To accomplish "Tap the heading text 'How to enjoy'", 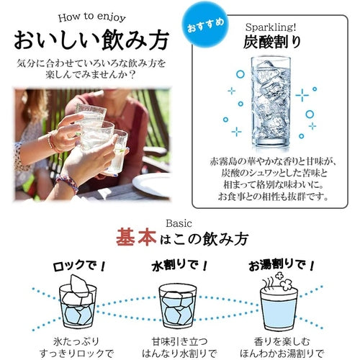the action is pos(91,17).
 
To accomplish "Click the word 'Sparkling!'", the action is pos(271,27).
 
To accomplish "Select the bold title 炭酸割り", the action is pos(271,42).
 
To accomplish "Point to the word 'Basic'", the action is pos(179,224).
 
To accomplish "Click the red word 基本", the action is pos(136,238).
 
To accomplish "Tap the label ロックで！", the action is pos(79,266).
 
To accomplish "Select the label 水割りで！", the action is pos(179,266).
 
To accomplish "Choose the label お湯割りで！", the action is pos(282,266).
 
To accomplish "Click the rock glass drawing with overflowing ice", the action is pos(78,302).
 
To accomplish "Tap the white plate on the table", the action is pos(152,184).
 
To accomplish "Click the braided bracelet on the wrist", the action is pos(68,183).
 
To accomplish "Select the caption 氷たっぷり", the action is pos(76,341).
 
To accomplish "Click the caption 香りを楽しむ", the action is pos(282,341).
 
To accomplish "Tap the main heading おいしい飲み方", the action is pos(91,40).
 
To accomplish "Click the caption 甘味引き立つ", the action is pos(179,341).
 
